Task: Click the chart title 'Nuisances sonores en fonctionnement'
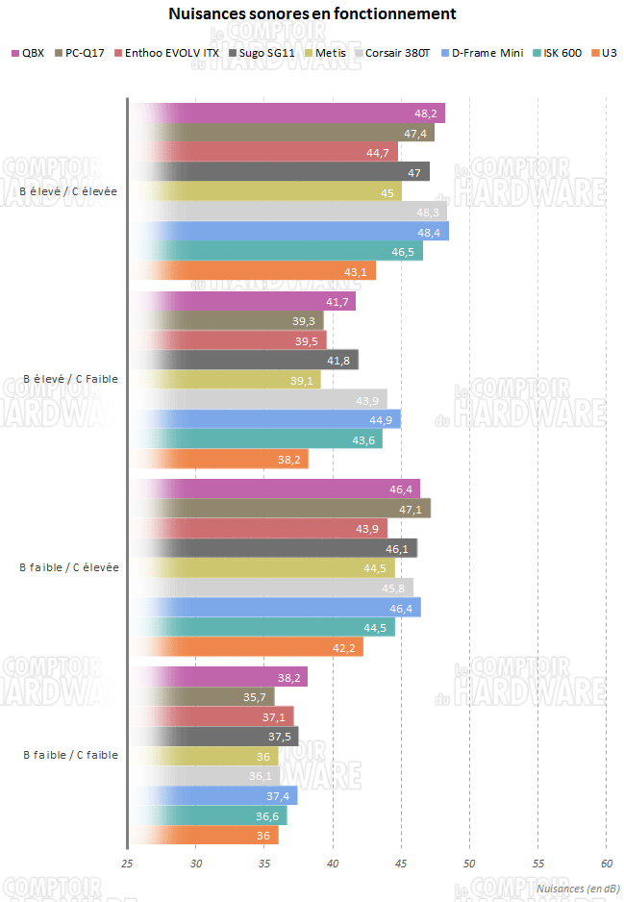pyautogui.click(x=312, y=14)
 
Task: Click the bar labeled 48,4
pyautogui.click(x=288, y=232)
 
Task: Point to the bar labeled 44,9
pyautogui.click(x=264, y=419)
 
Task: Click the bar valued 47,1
pyautogui.click(x=279, y=508)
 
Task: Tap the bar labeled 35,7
pyautogui.click(x=201, y=696)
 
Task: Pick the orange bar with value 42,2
pyautogui.click(x=246, y=647)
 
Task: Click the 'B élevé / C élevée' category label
pyautogui.click(x=68, y=191)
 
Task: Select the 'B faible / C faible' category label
pyautogui.click(x=70, y=755)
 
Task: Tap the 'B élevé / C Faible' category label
pyautogui.click(x=70, y=379)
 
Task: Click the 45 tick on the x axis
pyautogui.click(x=401, y=864)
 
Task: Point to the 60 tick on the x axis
pyautogui.click(x=607, y=864)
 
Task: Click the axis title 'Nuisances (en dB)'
pyautogui.click(x=576, y=889)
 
